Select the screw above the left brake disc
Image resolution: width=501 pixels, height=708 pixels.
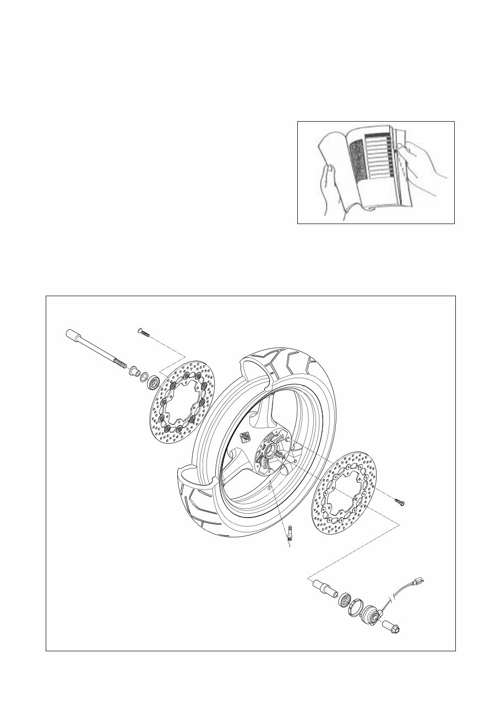pyautogui.click(x=143, y=331)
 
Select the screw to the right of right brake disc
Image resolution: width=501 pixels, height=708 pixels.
pyautogui.click(x=400, y=501)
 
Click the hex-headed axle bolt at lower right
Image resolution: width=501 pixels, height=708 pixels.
pyautogui.click(x=393, y=628)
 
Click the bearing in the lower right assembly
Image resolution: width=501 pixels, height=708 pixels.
pyautogui.click(x=345, y=600)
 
